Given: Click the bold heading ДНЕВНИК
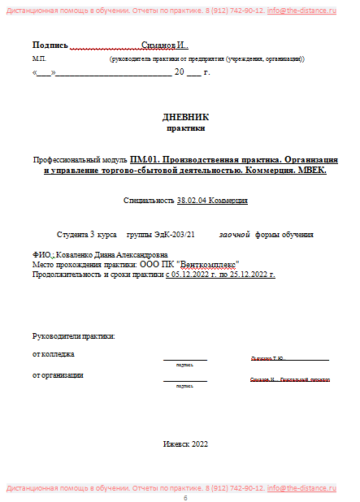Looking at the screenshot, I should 185,117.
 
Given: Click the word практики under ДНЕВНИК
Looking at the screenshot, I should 185,128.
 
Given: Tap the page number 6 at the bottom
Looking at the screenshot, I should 185,498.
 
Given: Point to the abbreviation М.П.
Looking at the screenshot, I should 40,59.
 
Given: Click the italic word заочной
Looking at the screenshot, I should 234,234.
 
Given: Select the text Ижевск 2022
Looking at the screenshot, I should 185,444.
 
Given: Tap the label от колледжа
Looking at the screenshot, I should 53,354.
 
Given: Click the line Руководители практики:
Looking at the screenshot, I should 73,335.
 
